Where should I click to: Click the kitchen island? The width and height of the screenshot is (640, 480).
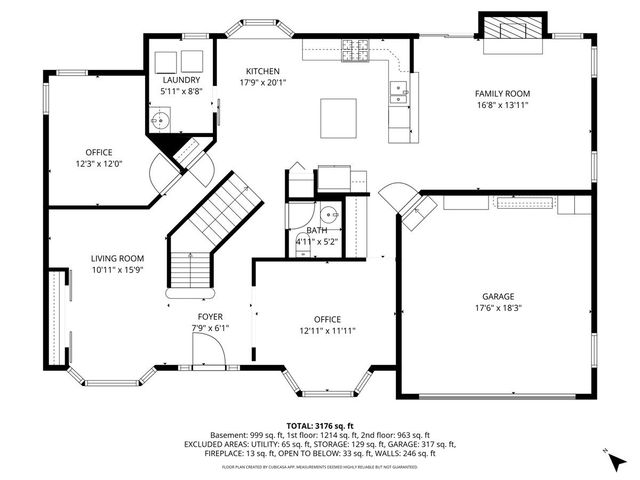pyautogui.click(x=339, y=118)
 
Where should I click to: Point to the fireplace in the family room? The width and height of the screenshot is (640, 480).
pyautogui.click(x=514, y=29)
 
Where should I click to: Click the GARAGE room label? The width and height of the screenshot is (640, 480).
pyautogui.click(x=497, y=297)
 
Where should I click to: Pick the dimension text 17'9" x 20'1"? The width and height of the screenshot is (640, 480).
pyautogui.click(x=263, y=84)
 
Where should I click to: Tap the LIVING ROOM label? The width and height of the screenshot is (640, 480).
pyautogui.click(x=117, y=257)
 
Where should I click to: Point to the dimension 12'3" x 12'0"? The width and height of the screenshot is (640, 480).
pyautogui.click(x=98, y=164)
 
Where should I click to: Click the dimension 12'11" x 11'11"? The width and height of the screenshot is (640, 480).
pyautogui.click(x=327, y=330)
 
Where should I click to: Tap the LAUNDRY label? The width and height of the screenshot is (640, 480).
pyautogui.click(x=182, y=80)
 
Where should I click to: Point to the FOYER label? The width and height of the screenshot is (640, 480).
pyautogui.click(x=210, y=316)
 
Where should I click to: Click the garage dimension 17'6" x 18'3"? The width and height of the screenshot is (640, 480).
pyautogui.click(x=497, y=308)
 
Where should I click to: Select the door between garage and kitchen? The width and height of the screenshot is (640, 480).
pyautogui.click(x=400, y=195)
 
